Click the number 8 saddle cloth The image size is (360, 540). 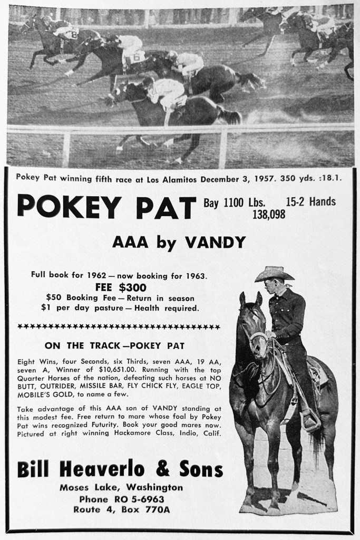click(74, 35)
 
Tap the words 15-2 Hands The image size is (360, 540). click(310, 201)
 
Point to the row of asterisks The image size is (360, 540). click(119, 327)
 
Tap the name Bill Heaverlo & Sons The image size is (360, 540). click(120, 469)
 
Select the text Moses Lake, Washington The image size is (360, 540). click(121, 487)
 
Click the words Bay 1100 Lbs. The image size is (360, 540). click(234, 201)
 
